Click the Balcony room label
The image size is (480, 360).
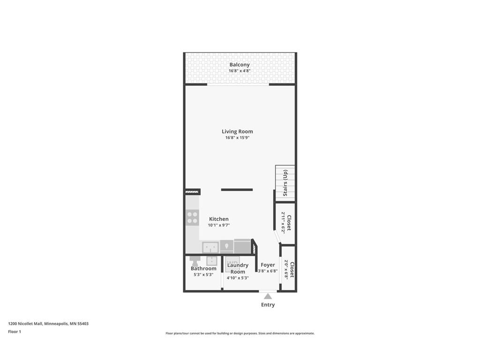pos(239,65)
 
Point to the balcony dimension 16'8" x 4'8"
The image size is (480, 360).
pos(239,71)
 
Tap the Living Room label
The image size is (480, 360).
pos(237,131)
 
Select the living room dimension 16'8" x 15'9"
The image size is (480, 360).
pos(237,138)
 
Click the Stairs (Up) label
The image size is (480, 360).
pos(285,183)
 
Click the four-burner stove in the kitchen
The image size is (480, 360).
pos(192,217)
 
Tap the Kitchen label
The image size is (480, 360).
pos(219,219)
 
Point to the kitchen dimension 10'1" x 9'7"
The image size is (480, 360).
pos(219,225)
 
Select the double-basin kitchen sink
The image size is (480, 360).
pos(210,247)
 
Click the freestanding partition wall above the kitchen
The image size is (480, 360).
pos(237,190)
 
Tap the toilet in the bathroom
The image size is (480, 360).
pos(194,260)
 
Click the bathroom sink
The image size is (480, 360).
pos(212,261)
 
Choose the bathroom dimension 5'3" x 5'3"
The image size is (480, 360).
pos(203,275)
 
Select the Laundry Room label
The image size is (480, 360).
pos(238,268)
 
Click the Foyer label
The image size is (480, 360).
pos(268,265)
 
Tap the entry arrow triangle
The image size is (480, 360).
pos(268,296)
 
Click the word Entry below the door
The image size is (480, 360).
pos(268,305)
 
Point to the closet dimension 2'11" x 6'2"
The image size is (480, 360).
pos(283,222)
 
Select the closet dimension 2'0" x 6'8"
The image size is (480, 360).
pos(286,270)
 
